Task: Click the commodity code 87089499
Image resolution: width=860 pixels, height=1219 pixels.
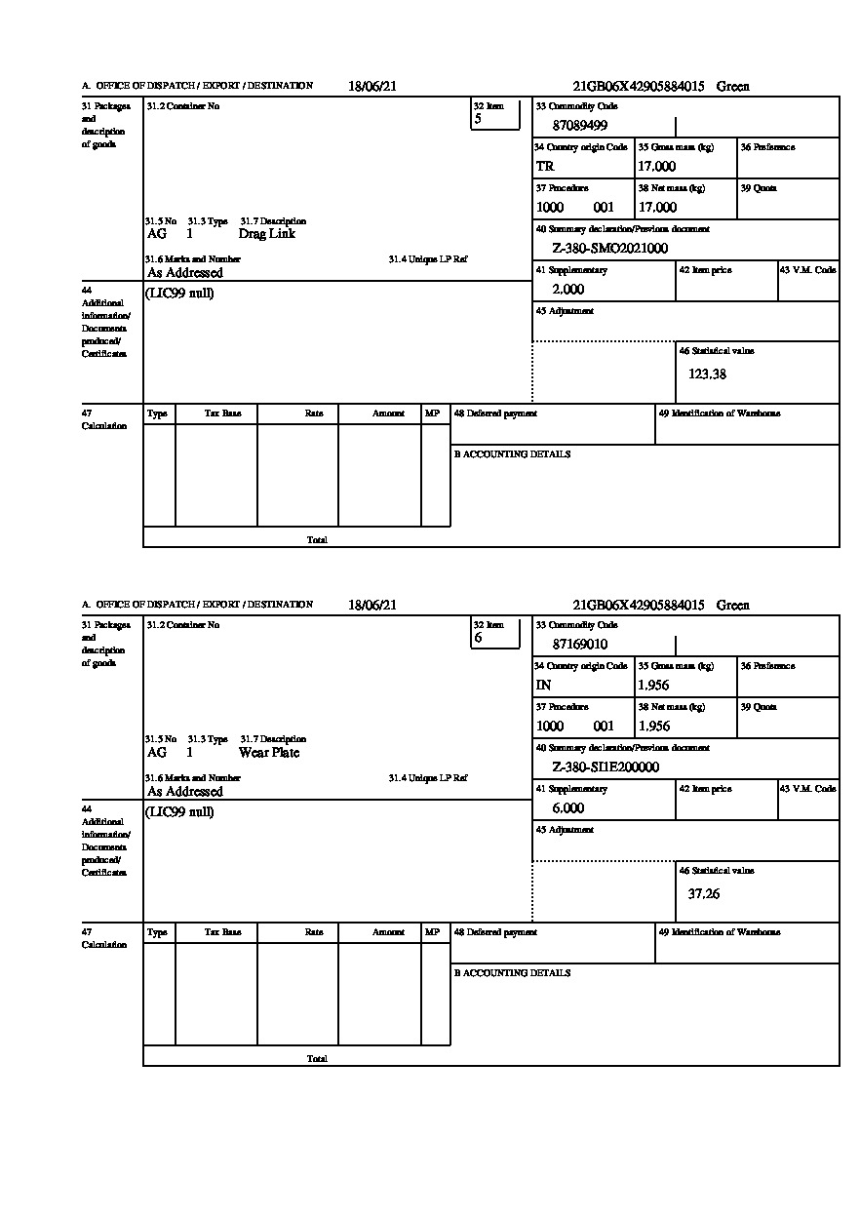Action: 580,125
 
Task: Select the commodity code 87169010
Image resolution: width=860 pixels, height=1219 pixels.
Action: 580,644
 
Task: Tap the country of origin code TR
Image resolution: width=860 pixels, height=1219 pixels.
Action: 545,166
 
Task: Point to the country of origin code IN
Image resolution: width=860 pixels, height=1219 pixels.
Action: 544,685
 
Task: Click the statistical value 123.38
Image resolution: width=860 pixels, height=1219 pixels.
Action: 707,374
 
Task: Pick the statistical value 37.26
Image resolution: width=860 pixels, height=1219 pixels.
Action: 704,893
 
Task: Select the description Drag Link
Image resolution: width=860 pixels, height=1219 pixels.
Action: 266,234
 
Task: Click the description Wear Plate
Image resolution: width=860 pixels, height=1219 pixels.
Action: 269,753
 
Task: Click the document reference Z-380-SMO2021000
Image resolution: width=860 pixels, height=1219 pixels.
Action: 610,248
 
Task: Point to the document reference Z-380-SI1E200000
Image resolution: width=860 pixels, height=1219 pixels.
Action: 606,767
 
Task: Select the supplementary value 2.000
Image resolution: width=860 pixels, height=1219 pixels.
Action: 568,290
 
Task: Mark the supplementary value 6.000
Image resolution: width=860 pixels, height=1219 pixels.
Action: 568,808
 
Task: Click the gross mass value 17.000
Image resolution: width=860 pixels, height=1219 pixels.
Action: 657,166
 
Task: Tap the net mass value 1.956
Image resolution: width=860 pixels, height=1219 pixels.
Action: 654,726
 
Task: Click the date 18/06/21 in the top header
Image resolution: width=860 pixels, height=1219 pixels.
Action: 372,86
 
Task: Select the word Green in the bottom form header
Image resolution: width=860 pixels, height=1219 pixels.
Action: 733,605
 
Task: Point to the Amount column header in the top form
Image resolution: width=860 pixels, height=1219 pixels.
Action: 388,413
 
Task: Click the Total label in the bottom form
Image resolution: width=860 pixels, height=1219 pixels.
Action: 317,1058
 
